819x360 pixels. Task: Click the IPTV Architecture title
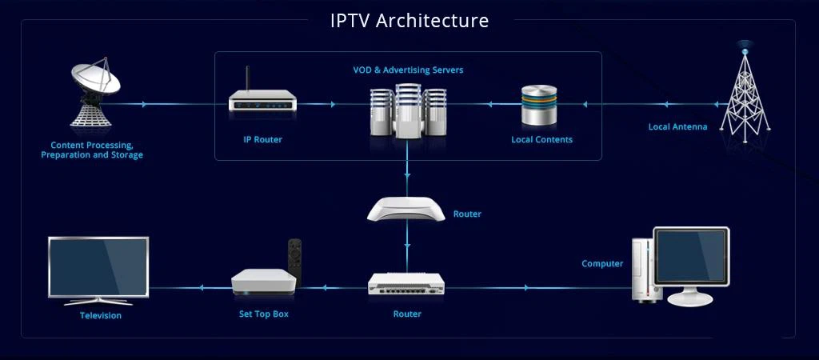[x=409, y=20]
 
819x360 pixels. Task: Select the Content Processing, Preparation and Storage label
[x=92, y=150]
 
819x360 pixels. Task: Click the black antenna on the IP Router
[x=246, y=80]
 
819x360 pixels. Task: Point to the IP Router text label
[x=262, y=139]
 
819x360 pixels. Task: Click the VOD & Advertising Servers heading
[x=408, y=70]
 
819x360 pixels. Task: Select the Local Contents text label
[x=541, y=139]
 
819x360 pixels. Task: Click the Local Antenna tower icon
[x=745, y=92]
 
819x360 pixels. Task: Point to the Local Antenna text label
[x=677, y=126]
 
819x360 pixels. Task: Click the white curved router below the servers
[x=406, y=210]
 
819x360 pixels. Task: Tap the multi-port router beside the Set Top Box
[x=406, y=285]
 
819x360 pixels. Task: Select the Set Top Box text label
[x=264, y=314]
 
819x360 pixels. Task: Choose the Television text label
[x=101, y=315]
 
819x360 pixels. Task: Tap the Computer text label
[x=602, y=263]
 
